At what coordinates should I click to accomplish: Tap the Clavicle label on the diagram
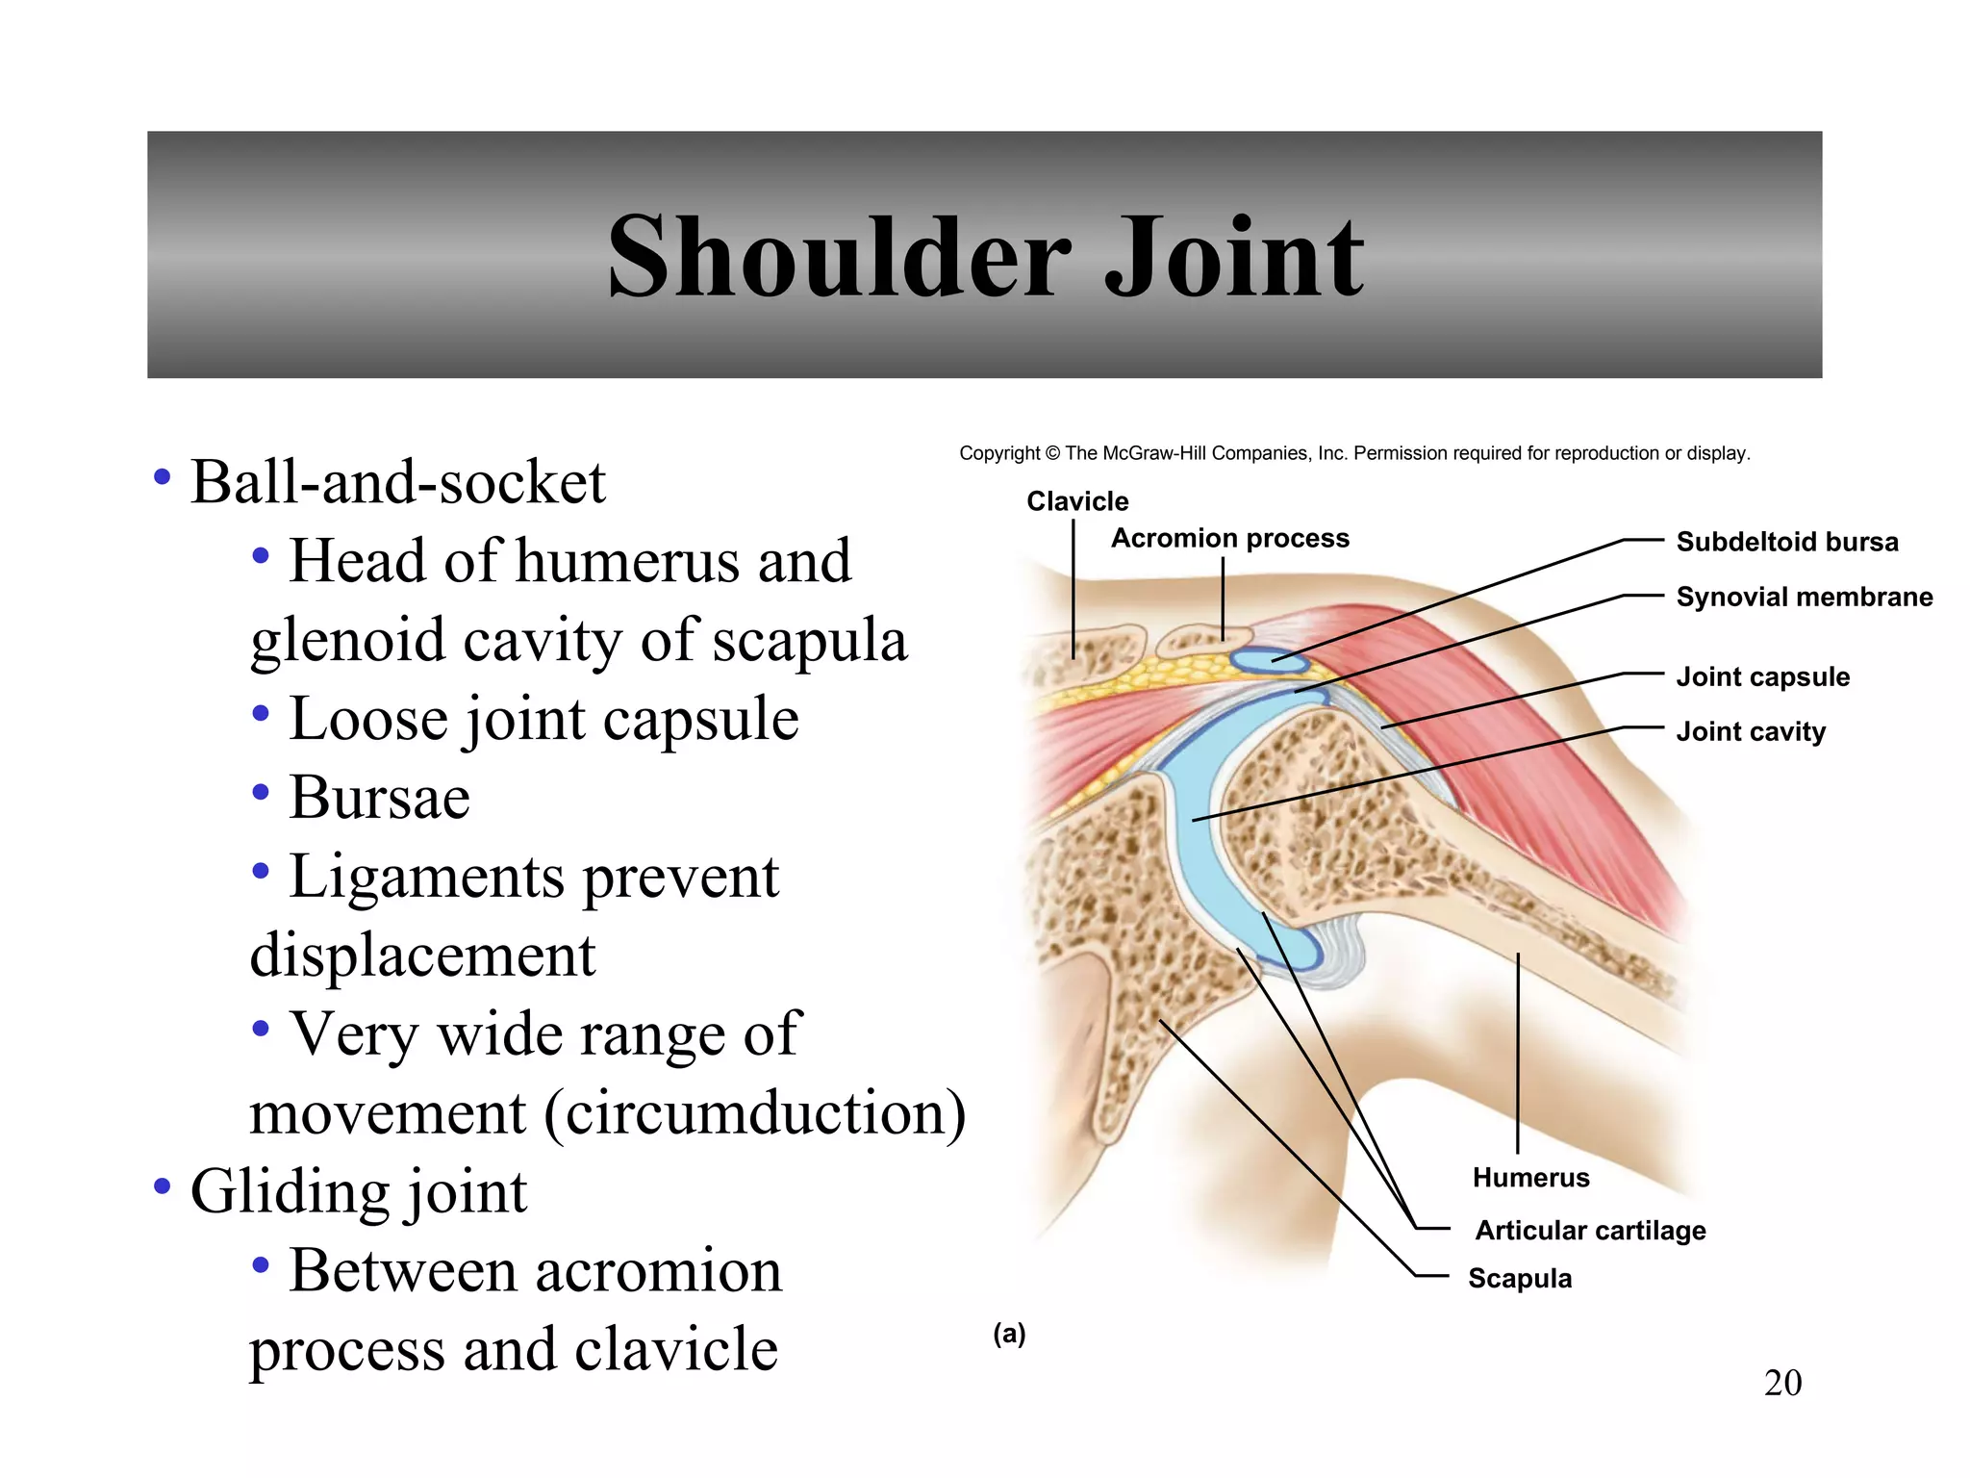(x=1076, y=501)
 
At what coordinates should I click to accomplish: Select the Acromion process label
(x=1229, y=538)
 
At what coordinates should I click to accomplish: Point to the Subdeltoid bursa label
(x=1786, y=542)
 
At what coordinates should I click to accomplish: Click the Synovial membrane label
(x=1804, y=597)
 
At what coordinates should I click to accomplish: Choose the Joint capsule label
(x=1762, y=676)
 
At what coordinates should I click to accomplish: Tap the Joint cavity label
(x=1750, y=731)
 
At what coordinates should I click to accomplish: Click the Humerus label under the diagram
(x=1530, y=1177)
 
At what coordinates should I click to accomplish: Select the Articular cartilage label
(x=1590, y=1230)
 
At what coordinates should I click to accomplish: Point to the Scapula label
(x=1519, y=1278)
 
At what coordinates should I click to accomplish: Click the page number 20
(x=1781, y=1383)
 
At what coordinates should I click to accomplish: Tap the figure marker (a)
(x=1009, y=1334)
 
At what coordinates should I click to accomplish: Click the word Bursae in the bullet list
(x=379, y=798)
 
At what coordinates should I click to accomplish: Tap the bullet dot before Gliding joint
(x=162, y=1186)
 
